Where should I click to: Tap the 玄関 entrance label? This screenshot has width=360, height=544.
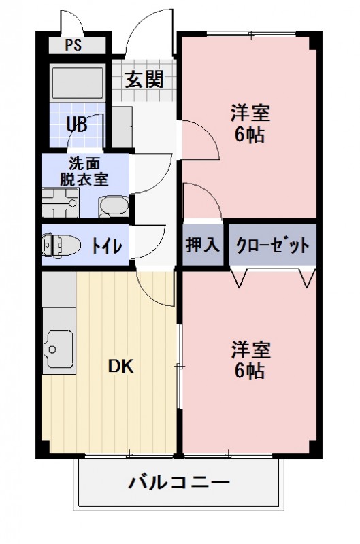click(x=144, y=80)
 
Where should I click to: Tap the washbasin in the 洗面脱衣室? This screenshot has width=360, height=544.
click(x=114, y=205)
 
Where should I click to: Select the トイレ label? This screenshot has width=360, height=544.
click(x=107, y=245)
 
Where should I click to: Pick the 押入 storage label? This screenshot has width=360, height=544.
click(x=203, y=245)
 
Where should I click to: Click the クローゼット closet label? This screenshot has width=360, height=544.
click(x=272, y=245)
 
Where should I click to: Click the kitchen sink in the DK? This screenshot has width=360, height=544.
click(x=59, y=350)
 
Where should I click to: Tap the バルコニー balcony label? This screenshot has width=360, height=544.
click(x=179, y=483)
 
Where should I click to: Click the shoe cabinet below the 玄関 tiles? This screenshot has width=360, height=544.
click(x=122, y=126)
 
